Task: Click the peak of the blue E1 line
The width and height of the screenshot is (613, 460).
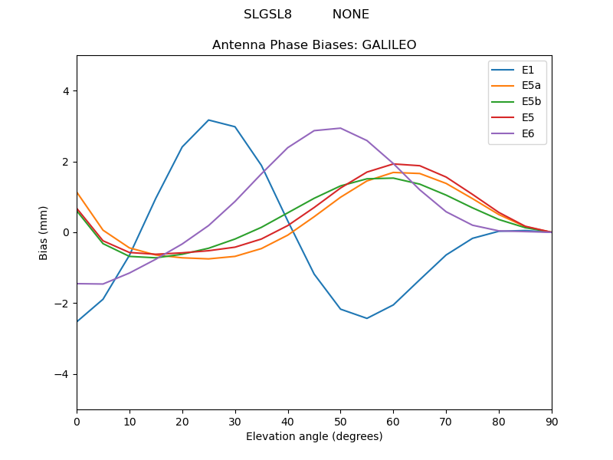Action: tap(208, 120)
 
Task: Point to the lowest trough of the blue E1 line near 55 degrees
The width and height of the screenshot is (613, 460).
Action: tap(367, 318)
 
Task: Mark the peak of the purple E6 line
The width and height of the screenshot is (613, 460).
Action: tap(340, 128)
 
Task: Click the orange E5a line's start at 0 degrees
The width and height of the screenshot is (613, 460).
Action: tap(77, 193)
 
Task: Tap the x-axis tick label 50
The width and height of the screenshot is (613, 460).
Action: tap(340, 422)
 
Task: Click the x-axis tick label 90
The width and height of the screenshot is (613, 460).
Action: tap(551, 422)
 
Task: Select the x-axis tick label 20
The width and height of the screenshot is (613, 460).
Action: tap(182, 422)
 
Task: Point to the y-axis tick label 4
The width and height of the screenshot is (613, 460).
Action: tap(65, 91)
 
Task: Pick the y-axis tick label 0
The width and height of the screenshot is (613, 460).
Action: tap(65, 232)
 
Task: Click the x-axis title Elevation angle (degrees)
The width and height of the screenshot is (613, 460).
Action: tap(314, 437)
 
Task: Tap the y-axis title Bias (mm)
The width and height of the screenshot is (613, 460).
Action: tap(44, 232)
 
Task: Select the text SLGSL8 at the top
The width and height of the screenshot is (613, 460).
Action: tap(267, 15)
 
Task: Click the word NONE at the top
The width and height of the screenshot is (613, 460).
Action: tap(351, 15)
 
